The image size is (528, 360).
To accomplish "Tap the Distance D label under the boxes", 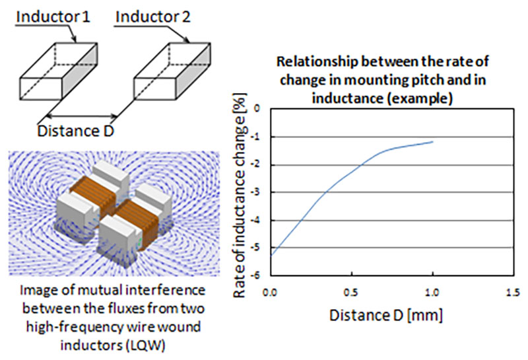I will click(76, 130).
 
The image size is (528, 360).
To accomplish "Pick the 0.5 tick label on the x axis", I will click(352, 291).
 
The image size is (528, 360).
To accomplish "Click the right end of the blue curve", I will click(432, 141).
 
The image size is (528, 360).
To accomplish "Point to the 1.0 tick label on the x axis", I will click(432, 291).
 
